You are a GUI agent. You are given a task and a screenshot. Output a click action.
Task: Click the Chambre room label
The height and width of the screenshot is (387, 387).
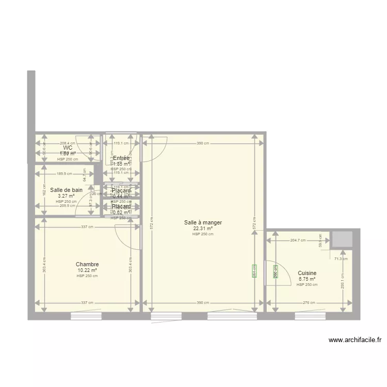87,264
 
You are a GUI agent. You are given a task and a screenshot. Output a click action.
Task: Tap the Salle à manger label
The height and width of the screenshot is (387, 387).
203,223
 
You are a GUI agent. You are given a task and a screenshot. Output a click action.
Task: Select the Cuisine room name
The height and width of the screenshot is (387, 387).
307,273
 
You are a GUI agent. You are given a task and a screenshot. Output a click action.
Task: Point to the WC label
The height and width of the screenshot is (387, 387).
68,148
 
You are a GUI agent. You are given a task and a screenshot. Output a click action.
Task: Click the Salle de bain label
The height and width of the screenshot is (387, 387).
66,190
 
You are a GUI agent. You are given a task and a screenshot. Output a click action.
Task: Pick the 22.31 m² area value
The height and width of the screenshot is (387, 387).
203,229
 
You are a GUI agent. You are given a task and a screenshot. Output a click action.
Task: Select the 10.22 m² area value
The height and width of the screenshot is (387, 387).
87,270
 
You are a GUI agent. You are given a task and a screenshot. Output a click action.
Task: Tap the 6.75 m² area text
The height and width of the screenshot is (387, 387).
307,279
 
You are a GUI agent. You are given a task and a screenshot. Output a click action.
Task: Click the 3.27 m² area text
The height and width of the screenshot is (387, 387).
66,196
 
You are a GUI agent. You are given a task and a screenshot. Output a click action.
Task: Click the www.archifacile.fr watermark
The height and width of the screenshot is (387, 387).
354,340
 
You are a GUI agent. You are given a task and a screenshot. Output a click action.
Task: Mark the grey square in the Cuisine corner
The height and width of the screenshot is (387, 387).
342,240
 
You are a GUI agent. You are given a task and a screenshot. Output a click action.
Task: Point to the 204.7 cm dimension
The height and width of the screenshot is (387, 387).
298,240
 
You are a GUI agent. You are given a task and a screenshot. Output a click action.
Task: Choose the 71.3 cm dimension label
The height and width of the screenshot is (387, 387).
341,259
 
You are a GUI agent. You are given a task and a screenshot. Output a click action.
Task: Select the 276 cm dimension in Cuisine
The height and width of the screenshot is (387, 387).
309,303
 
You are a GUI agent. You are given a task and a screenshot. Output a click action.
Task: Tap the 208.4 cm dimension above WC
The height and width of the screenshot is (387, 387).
68,143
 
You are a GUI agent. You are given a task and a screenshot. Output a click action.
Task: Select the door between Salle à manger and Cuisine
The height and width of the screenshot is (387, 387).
266,272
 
